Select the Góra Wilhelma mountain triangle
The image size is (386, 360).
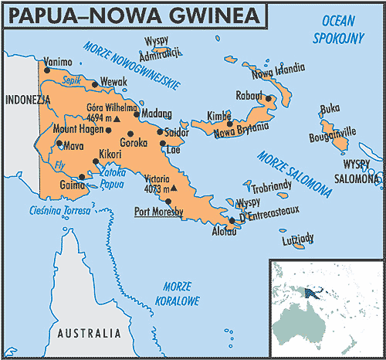pyautogui.click(x=117, y=121)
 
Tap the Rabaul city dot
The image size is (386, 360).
pyautogui.click(x=268, y=99)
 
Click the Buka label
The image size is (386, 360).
pyautogui.click(x=330, y=108)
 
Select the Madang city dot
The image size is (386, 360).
pyautogui.click(x=137, y=114)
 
